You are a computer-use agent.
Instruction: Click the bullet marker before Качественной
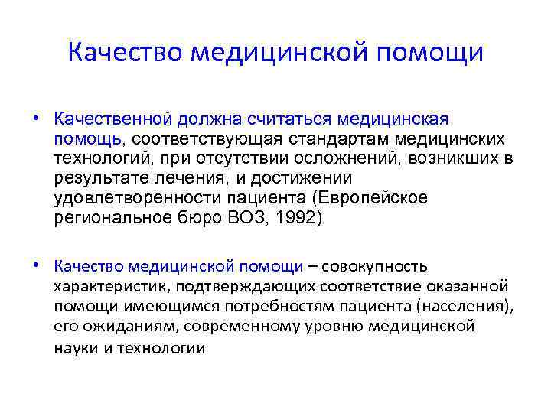coord(36,119)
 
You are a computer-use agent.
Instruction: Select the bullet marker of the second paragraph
coord(36,266)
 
